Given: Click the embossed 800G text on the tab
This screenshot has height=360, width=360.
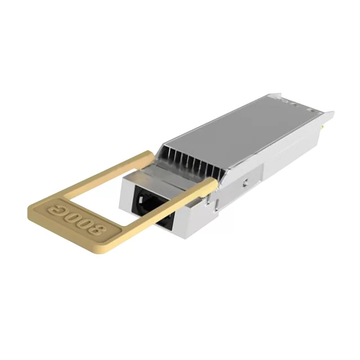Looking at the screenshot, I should [78, 218].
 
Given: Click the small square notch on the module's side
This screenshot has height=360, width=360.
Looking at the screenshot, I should [246, 182].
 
